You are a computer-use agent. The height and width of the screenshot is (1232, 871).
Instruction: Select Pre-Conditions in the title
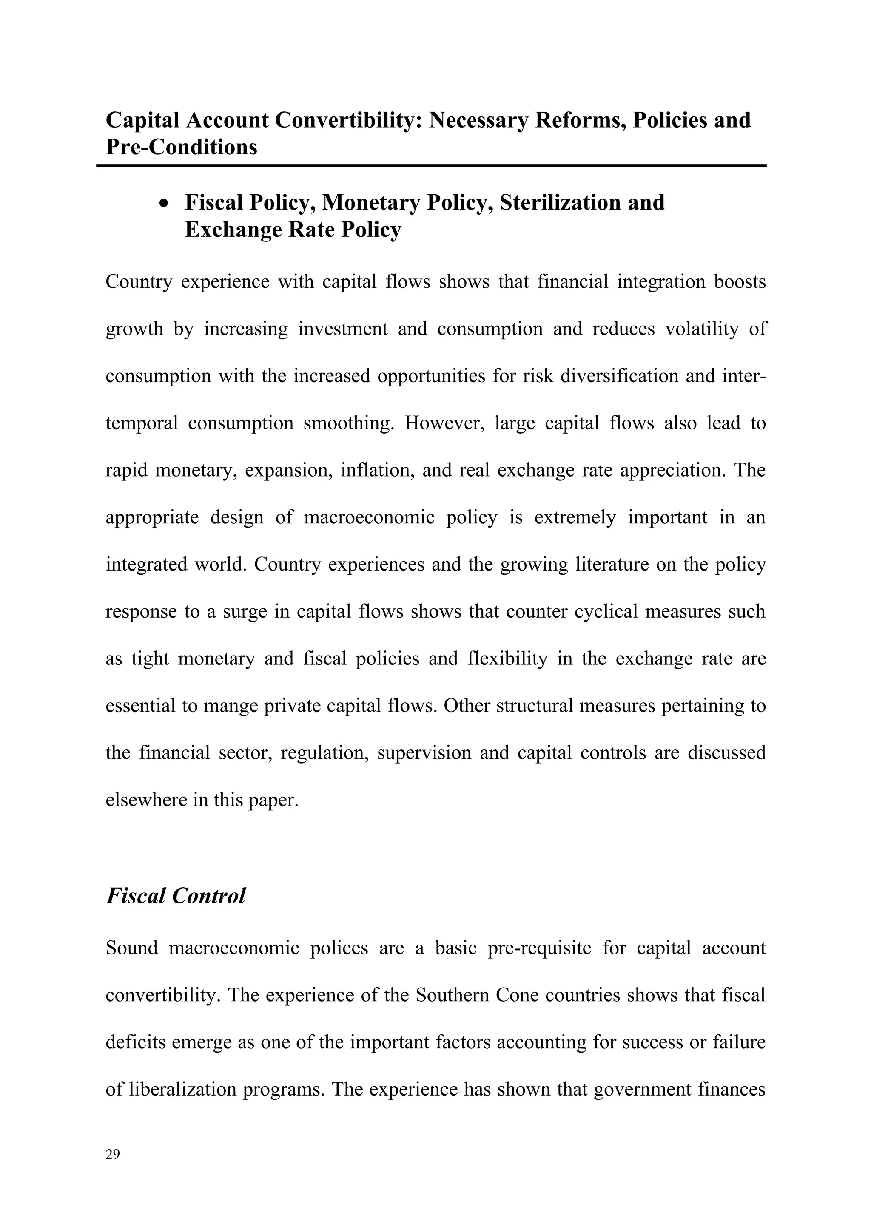[182, 147]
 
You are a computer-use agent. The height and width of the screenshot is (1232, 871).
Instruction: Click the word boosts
[740, 282]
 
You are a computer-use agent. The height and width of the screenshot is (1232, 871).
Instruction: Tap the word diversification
[618, 376]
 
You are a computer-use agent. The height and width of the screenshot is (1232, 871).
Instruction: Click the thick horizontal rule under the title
[431, 166]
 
